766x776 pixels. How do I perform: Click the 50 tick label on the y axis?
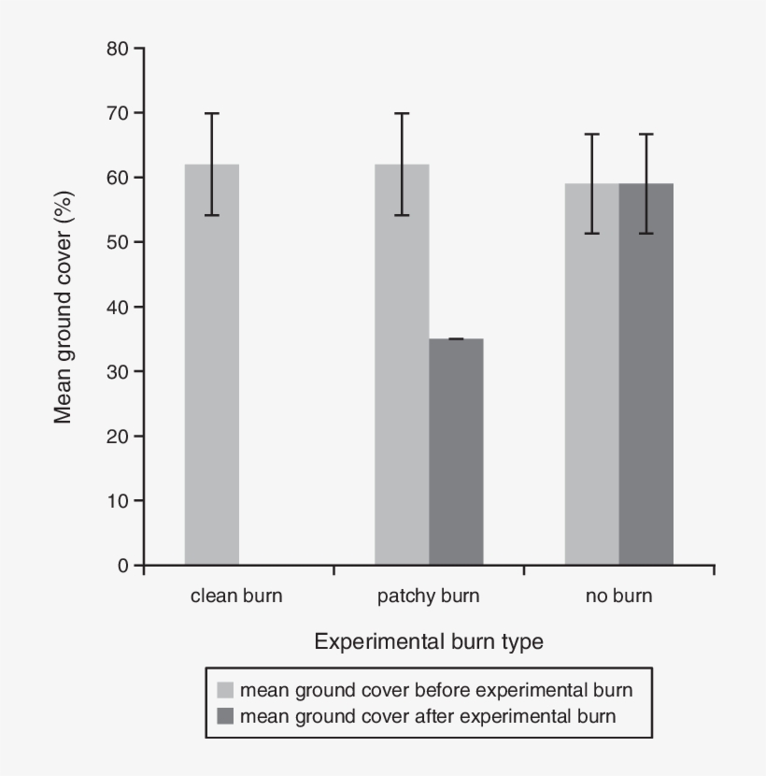(120, 242)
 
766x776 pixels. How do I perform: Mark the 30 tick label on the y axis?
(120, 371)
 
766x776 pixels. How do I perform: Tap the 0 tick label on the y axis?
(124, 566)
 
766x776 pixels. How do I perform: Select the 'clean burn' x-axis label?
(236, 596)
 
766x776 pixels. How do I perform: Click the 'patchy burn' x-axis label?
(428, 596)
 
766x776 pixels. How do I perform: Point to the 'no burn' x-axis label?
(619, 596)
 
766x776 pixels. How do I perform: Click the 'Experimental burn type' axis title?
(429, 642)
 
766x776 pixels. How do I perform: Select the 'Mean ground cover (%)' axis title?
(64, 307)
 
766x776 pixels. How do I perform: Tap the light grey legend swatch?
(226, 691)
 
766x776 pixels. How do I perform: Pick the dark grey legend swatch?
(226, 717)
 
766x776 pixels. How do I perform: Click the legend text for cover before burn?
(436, 691)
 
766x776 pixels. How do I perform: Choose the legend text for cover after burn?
(428, 717)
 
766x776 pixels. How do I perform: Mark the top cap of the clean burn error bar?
(212, 113)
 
